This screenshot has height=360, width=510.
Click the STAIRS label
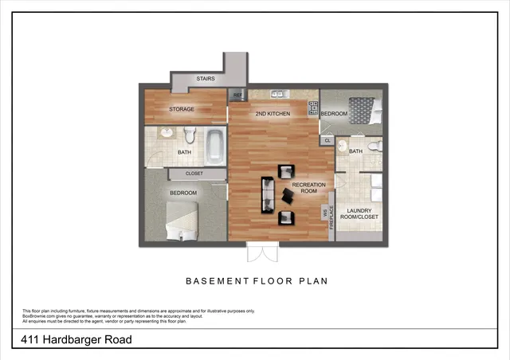pos(205,79)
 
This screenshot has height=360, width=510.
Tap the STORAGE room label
pos(181,109)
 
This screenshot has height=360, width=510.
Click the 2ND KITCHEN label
pos(272,115)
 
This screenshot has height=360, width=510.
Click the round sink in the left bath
pos(167,133)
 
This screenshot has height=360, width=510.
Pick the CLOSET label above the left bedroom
pos(194,173)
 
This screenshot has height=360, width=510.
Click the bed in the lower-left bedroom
pos(182,220)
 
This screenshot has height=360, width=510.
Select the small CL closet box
pos(327,141)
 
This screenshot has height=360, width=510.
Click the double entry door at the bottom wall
pos(261,252)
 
